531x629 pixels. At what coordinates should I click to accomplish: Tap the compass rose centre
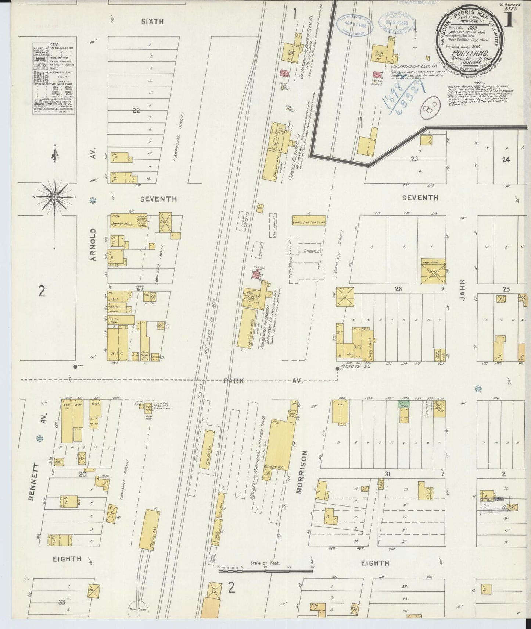point(55,197)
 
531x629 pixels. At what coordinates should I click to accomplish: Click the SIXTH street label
point(152,22)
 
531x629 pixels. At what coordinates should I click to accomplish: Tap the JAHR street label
point(462,291)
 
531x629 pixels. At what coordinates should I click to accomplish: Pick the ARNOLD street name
point(93,244)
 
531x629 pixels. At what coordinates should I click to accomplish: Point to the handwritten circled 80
point(429,109)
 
